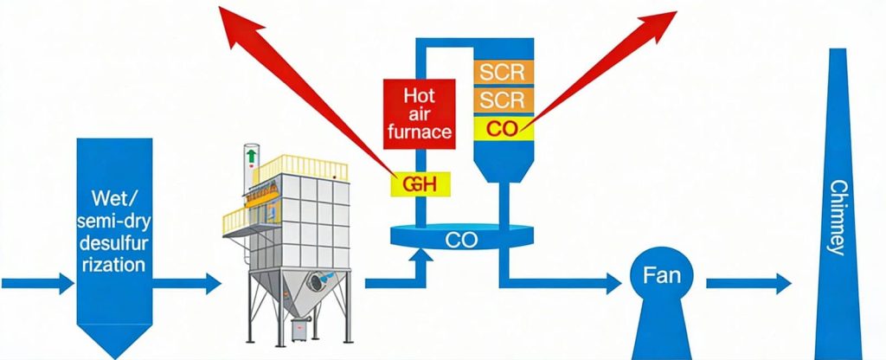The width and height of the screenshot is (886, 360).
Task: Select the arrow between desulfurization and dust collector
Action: pos(192,283)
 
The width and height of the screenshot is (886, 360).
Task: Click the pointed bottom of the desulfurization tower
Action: pos(115,342)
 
